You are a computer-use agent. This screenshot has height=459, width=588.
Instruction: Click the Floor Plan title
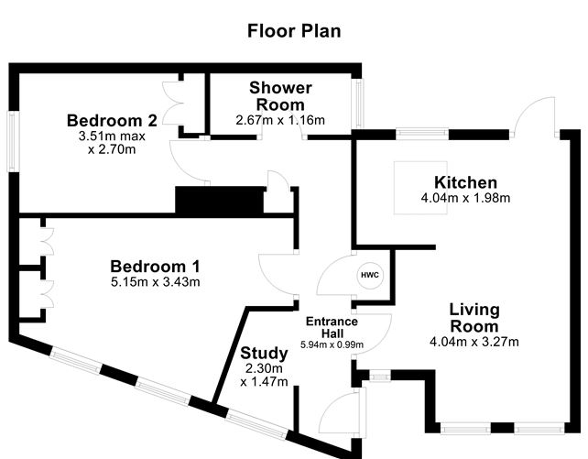(x=294, y=30)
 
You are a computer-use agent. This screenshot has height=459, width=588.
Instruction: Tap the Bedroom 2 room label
(x=113, y=120)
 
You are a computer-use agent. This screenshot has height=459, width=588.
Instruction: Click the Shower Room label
(x=280, y=96)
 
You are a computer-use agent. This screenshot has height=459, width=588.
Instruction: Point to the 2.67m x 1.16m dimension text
(x=280, y=120)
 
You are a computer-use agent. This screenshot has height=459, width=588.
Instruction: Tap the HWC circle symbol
(x=369, y=275)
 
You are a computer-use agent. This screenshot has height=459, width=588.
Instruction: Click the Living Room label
(x=474, y=318)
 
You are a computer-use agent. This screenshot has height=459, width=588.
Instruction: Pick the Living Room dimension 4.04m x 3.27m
(x=474, y=343)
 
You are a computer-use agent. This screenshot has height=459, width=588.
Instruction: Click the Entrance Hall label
(x=332, y=327)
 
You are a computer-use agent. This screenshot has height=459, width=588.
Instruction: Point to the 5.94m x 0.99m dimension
(x=332, y=344)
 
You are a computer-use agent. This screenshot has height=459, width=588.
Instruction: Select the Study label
(x=264, y=354)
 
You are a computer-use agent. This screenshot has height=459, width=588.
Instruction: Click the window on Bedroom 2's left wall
(x=14, y=141)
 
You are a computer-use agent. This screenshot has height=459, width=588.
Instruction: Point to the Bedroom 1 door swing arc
(x=274, y=275)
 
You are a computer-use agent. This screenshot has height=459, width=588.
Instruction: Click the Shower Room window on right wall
(x=360, y=104)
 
